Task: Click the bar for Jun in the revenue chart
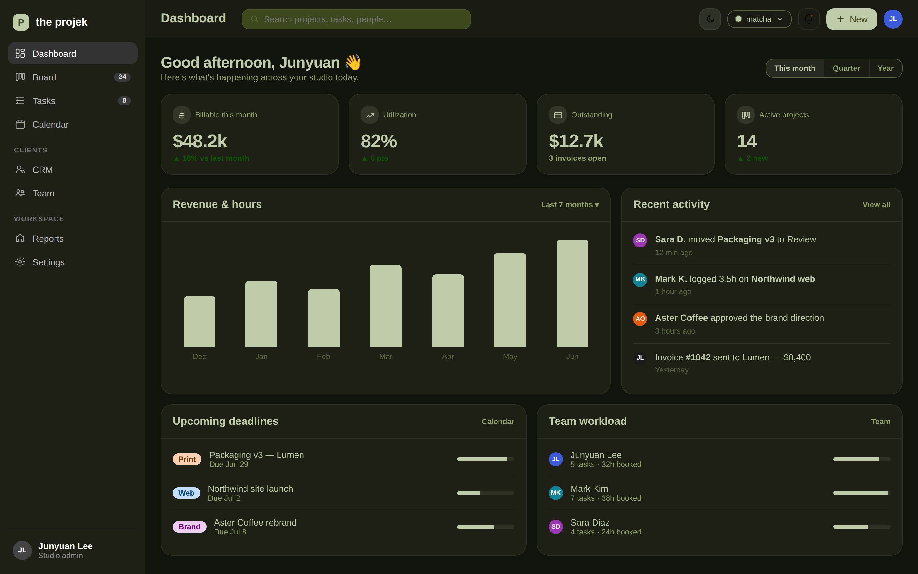click(572, 293)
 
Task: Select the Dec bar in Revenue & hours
click(199, 321)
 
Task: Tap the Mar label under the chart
click(385, 357)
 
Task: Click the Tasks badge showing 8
click(124, 100)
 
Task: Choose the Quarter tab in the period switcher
click(846, 68)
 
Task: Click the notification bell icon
click(808, 19)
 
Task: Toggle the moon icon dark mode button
click(710, 19)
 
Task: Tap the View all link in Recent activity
click(876, 205)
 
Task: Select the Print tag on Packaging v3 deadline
click(187, 459)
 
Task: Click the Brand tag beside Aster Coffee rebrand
click(189, 526)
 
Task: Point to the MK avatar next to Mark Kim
click(556, 493)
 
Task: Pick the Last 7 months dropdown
click(570, 205)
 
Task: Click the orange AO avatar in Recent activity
click(640, 319)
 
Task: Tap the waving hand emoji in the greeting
click(353, 62)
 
